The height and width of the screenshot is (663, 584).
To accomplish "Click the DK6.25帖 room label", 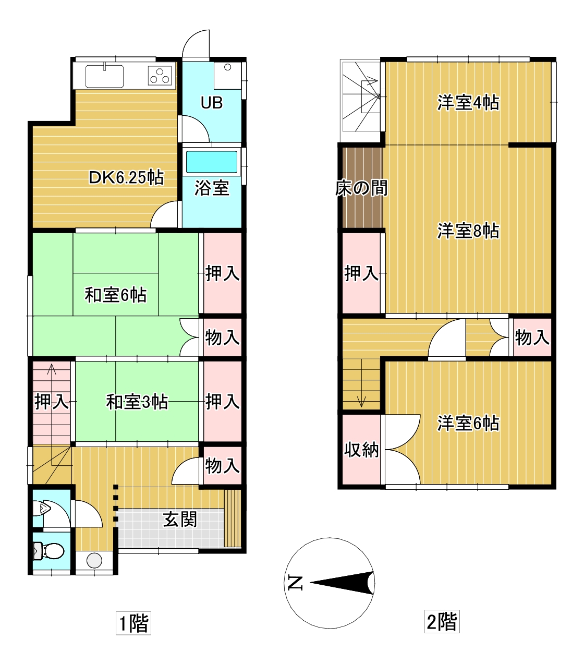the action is pos(126,178).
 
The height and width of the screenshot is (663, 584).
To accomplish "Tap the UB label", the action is pos(212,102).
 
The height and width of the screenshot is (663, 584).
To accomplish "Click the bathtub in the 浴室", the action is pos(212,162).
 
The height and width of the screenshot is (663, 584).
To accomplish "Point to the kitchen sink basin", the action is pos(104,76).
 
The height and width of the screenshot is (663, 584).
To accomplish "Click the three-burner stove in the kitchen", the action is pos(160,76).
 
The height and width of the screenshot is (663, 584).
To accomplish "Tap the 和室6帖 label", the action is pos(115,295).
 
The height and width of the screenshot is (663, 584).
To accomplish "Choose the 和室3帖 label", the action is pos(137,402).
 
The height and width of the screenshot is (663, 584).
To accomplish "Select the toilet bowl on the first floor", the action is pos(49,551).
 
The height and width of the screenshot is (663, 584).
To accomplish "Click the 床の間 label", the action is pos(361,188).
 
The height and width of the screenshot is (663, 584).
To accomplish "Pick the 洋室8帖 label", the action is pos(468,231).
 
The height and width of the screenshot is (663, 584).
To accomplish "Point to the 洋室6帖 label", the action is pos(468,423).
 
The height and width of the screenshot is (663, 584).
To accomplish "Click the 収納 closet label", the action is pos(361,450).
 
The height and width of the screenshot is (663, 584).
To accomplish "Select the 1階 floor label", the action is pos(133,623).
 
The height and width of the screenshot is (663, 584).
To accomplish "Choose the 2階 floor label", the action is pos(442,621).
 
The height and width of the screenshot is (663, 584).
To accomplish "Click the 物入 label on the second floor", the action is pos(532,337).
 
